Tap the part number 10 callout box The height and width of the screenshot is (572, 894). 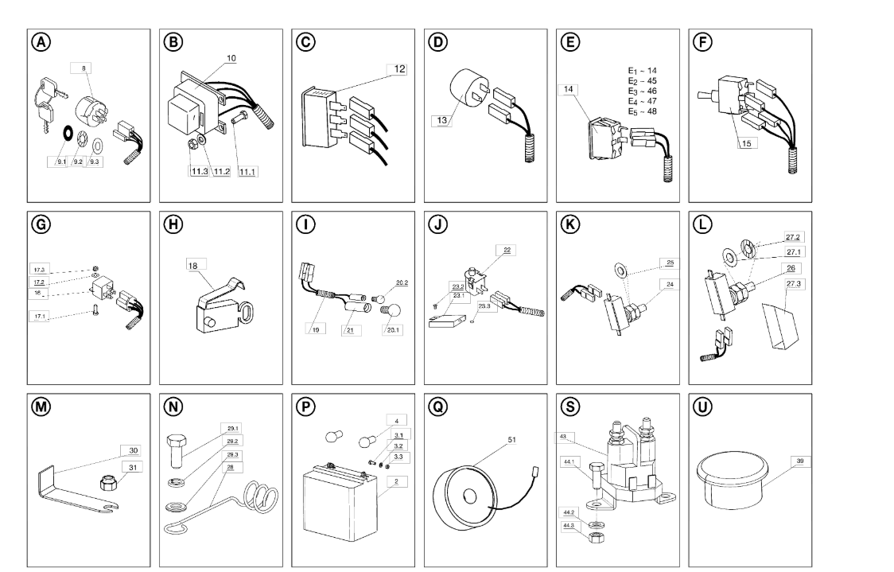(x=208, y=58)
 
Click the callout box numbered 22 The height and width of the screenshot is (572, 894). (x=505, y=249)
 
